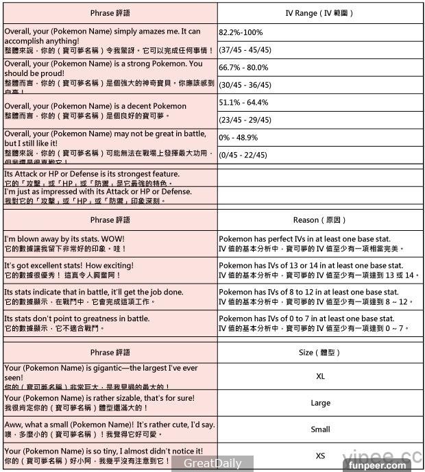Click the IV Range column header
319,13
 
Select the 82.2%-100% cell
241,32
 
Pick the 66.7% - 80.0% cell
243,68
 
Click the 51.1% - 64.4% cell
243,103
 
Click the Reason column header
319,220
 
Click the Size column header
319,353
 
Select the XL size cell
320,376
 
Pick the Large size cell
320,403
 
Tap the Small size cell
320,430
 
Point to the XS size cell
320,456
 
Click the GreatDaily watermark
212,463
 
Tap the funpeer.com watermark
377,465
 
